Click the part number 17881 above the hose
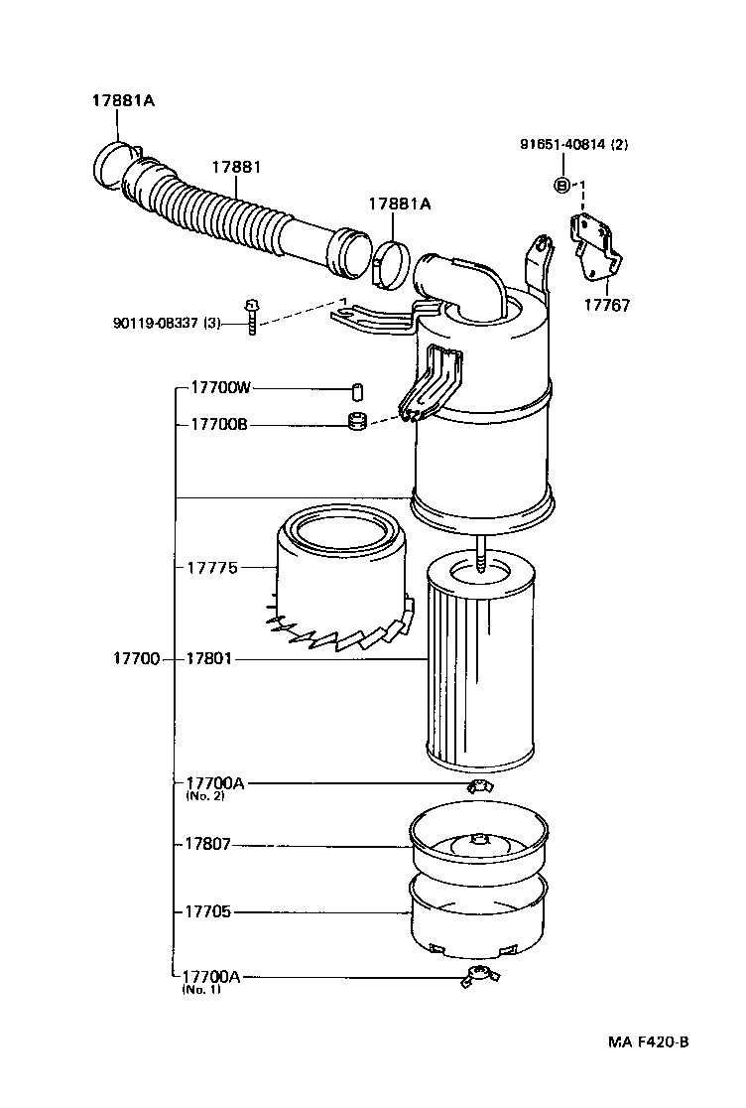[x=236, y=167]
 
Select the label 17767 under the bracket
[x=607, y=307]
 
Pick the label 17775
[x=211, y=567]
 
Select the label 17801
[x=209, y=658]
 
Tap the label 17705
[x=207, y=910]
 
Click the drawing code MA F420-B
[x=648, y=1042]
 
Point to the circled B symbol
[x=561, y=185]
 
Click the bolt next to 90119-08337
[x=252, y=319]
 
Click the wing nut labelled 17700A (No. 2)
[x=480, y=786]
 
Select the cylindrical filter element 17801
[x=480, y=665]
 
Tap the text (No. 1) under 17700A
[x=202, y=990]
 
